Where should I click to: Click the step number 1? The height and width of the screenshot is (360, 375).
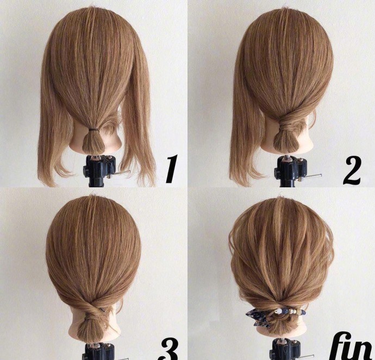[172, 169]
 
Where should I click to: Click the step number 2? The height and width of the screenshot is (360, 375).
[352, 170]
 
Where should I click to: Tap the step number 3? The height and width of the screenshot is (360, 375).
[170, 350]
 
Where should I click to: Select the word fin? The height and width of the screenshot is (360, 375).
[352, 346]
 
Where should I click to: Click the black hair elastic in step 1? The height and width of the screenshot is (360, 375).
[93, 130]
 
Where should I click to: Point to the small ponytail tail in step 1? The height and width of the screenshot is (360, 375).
[93, 142]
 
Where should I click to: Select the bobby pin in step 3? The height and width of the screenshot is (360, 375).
[103, 310]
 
